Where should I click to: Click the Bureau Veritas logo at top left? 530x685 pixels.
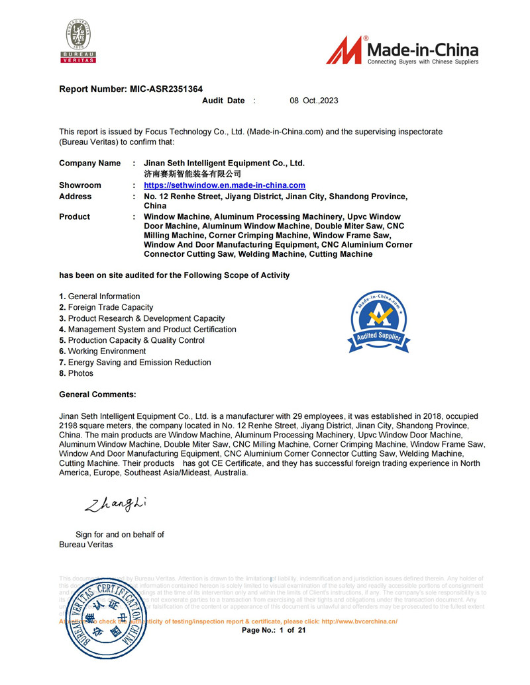[x=79, y=41]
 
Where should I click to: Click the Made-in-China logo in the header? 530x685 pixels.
[x=401, y=50]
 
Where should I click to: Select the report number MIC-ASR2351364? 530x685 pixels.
[x=166, y=89]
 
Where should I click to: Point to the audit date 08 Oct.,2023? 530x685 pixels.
[x=314, y=101]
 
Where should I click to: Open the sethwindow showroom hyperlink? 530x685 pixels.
[x=225, y=185]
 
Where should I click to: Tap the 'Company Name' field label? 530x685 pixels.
[x=90, y=163]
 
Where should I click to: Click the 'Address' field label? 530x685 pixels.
[x=76, y=197]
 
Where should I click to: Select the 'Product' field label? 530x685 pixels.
[x=74, y=216]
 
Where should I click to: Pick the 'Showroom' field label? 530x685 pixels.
[x=80, y=185]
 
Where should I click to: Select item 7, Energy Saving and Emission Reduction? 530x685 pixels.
[x=135, y=362]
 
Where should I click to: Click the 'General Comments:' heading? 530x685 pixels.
[x=97, y=394]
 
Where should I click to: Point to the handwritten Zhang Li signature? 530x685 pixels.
[x=115, y=505]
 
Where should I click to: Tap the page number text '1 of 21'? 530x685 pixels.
[x=291, y=631]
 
